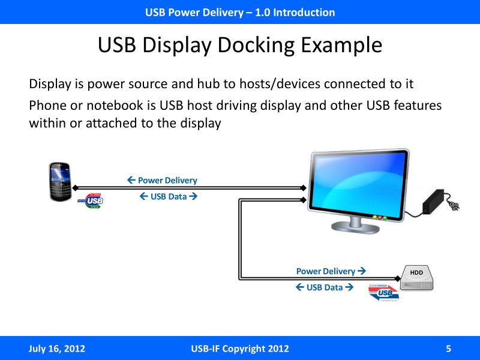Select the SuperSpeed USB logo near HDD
383,291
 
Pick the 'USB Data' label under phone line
168,196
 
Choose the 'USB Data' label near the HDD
324,287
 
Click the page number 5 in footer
448,349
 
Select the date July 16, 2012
57,349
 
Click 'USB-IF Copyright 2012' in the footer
239,349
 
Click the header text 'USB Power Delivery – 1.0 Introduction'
240,12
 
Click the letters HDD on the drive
416,273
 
